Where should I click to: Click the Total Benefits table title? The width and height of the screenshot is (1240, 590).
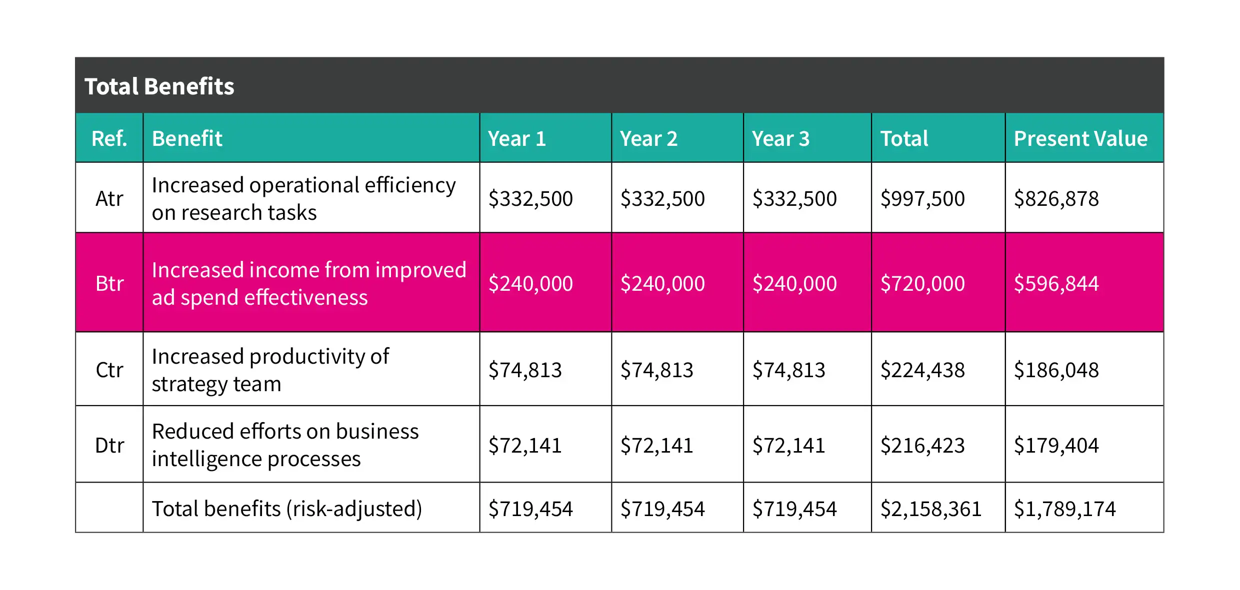[x=159, y=86]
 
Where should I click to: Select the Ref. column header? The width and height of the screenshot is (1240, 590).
[x=109, y=138]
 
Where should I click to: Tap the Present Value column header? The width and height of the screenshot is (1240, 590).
[x=1080, y=138]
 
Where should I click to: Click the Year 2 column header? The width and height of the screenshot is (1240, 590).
[x=648, y=138]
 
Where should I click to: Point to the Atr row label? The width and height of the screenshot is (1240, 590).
[x=109, y=198]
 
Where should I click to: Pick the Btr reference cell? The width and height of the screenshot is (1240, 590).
[x=109, y=283]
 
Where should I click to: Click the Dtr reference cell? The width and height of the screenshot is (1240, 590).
[x=109, y=445]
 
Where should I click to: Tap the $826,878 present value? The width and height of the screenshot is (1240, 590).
[x=1056, y=198]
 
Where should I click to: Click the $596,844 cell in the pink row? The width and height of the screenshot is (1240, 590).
[x=1056, y=283]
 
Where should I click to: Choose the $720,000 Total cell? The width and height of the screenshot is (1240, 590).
[x=922, y=283]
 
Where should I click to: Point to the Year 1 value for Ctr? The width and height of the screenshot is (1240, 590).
[x=525, y=370]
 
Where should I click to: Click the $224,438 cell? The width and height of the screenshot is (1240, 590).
[x=922, y=370]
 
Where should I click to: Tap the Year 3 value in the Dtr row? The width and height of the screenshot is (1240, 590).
[x=788, y=445]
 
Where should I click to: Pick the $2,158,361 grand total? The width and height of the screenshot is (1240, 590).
[x=931, y=509]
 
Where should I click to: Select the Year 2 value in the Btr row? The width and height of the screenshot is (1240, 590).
[x=662, y=283]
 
